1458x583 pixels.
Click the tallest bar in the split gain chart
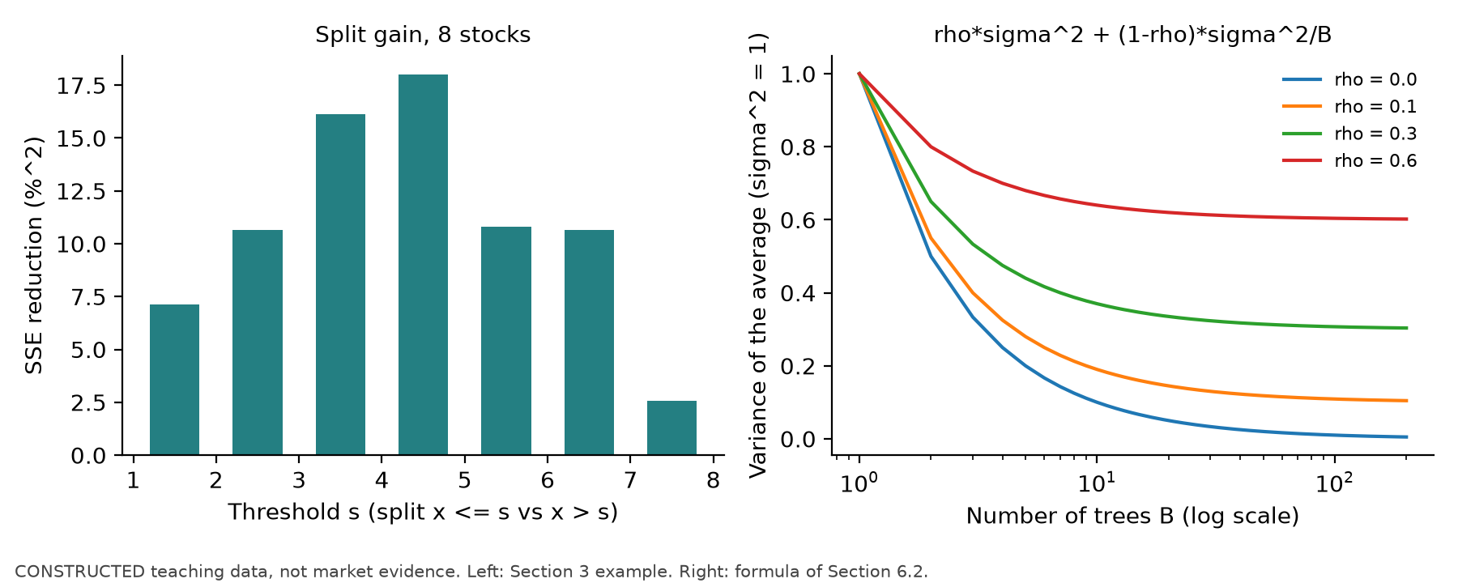click(x=423, y=265)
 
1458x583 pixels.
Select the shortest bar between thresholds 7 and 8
click(x=671, y=428)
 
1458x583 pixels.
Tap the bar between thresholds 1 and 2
click(x=174, y=380)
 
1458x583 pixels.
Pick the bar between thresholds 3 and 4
click(x=340, y=284)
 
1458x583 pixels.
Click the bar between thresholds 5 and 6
click(x=506, y=341)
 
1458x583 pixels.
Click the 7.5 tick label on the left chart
click(x=88, y=297)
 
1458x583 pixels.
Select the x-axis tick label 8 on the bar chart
click(x=713, y=481)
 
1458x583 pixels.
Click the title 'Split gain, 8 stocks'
click(x=423, y=35)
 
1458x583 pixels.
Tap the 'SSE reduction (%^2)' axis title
click(x=34, y=255)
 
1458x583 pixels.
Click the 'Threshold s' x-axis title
click(x=423, y=512)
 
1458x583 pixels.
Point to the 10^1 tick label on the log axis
click(x=1096, y=483)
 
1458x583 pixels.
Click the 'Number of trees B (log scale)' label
click(x=1132, y=516)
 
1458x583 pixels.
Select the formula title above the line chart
click(x=1132, y=35)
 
